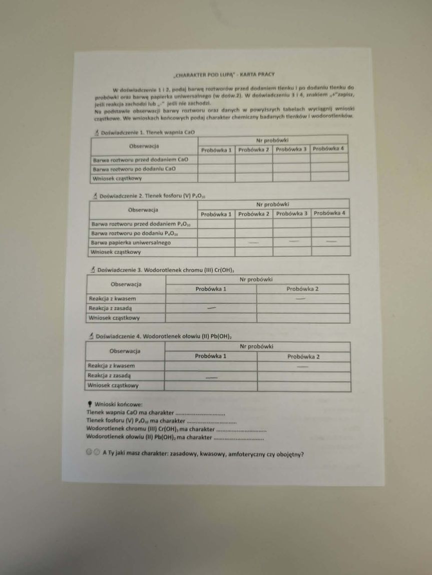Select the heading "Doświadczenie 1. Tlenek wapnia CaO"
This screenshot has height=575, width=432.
tap(147, 132)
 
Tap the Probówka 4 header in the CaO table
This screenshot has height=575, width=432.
tap(329, 148)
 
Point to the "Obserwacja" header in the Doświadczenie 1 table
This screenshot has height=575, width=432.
tap(144, 145)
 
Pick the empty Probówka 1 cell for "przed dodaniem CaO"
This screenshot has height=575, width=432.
tap(216, 159)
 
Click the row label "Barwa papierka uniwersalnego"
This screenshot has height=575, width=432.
tap(131, 242)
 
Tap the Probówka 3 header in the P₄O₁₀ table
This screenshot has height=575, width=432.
tap(292, 213)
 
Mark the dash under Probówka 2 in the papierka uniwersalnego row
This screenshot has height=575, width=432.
tap(254, 242)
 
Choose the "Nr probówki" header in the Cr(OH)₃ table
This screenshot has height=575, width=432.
tap(256, 279)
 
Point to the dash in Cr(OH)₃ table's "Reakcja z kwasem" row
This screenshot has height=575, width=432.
tap(301, 298)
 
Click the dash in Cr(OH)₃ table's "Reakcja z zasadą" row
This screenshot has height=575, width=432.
tap(211, 308)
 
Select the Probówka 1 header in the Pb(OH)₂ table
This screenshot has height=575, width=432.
tap(211, 356)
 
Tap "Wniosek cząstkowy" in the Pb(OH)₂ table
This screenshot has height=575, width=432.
tap(113, 385)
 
